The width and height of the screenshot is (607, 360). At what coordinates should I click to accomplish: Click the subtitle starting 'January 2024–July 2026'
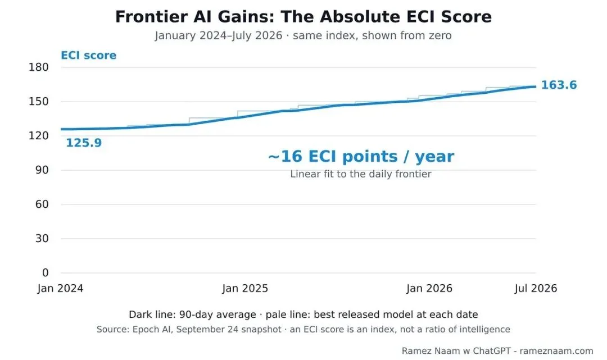(303, 35)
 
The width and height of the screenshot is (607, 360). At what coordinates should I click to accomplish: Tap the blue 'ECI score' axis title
(89, 55)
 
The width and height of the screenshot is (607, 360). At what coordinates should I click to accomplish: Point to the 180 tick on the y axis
(39, 67)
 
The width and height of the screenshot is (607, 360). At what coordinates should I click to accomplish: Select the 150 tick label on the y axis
(39, 101)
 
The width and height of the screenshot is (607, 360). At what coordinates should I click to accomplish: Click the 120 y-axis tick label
(39, 136)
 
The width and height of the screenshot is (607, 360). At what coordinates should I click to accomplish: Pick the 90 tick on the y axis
(42, 170)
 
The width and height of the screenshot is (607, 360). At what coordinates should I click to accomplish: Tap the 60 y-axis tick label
(42, 204)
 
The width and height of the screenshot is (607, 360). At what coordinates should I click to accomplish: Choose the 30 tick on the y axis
(42, 238)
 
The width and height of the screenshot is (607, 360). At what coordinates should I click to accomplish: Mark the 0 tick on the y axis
(46, 272)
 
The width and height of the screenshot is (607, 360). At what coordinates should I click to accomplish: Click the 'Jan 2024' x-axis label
(60, 289)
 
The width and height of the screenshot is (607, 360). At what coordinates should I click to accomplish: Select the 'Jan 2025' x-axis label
(245, 289)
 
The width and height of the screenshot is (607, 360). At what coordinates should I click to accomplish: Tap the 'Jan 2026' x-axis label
(429, 289)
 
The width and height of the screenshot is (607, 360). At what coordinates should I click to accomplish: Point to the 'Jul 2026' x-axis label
(536, 289)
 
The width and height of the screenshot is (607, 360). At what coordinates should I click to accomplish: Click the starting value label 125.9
(84, 143)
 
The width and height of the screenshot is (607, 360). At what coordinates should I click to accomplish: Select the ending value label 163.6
(559, 85)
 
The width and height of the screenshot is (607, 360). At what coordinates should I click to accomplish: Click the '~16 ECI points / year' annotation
(361, 157)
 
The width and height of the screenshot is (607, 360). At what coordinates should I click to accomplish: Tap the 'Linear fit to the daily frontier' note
(361, 174)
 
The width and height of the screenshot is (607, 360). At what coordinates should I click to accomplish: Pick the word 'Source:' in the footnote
(113, 330)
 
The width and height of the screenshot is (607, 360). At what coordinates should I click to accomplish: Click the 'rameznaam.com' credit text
(556, 351)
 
